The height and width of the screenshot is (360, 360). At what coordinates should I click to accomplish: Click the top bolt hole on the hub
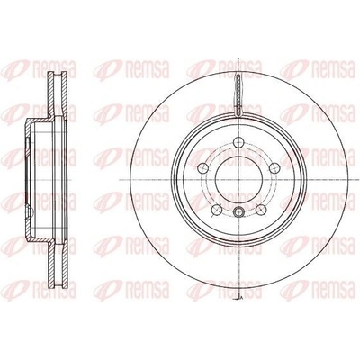(238, 141)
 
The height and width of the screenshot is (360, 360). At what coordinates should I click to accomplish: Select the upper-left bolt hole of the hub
(203, 168)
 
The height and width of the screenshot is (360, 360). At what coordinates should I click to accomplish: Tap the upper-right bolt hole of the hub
(274, 168)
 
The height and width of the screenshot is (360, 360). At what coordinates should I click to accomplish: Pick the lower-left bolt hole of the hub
(216, 210)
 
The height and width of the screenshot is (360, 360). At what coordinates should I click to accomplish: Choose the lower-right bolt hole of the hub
(261, 210)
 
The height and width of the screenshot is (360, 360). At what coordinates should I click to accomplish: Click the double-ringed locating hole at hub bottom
(238, 211)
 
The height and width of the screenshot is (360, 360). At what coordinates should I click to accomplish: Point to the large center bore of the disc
(238, 180)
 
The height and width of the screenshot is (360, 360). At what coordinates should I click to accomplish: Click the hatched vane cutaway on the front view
(238, 94)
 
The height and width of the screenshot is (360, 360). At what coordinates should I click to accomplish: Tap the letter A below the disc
(241, 297)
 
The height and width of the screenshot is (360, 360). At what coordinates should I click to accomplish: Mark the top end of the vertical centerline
(238, 57)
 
